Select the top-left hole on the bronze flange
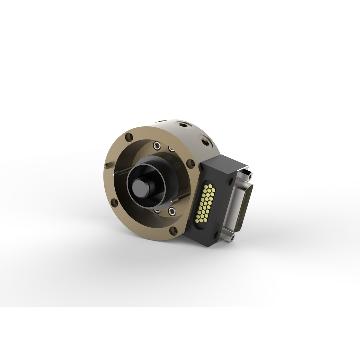(x=129, y=137)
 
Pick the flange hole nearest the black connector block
(x=191, y=163)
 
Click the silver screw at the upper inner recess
(x=157, y=145)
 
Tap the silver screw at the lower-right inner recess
(x=172, y=211)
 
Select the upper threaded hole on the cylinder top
(x=182, y=125)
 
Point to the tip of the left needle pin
(x=114, y=174)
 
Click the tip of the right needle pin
(x=171, y=201)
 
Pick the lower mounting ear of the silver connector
(x=229, y=237)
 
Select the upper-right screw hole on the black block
(x=230, y=181)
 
